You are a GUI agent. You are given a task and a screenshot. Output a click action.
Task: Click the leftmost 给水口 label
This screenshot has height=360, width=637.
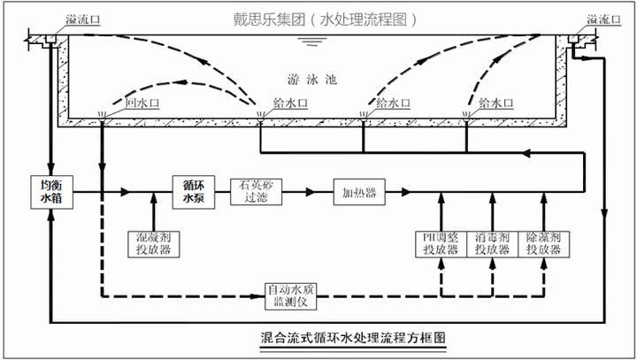pyautogui.click(x=282, y=103)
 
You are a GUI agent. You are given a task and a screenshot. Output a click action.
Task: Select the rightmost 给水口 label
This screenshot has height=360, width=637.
pyautogui.click(x=494, y=103)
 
